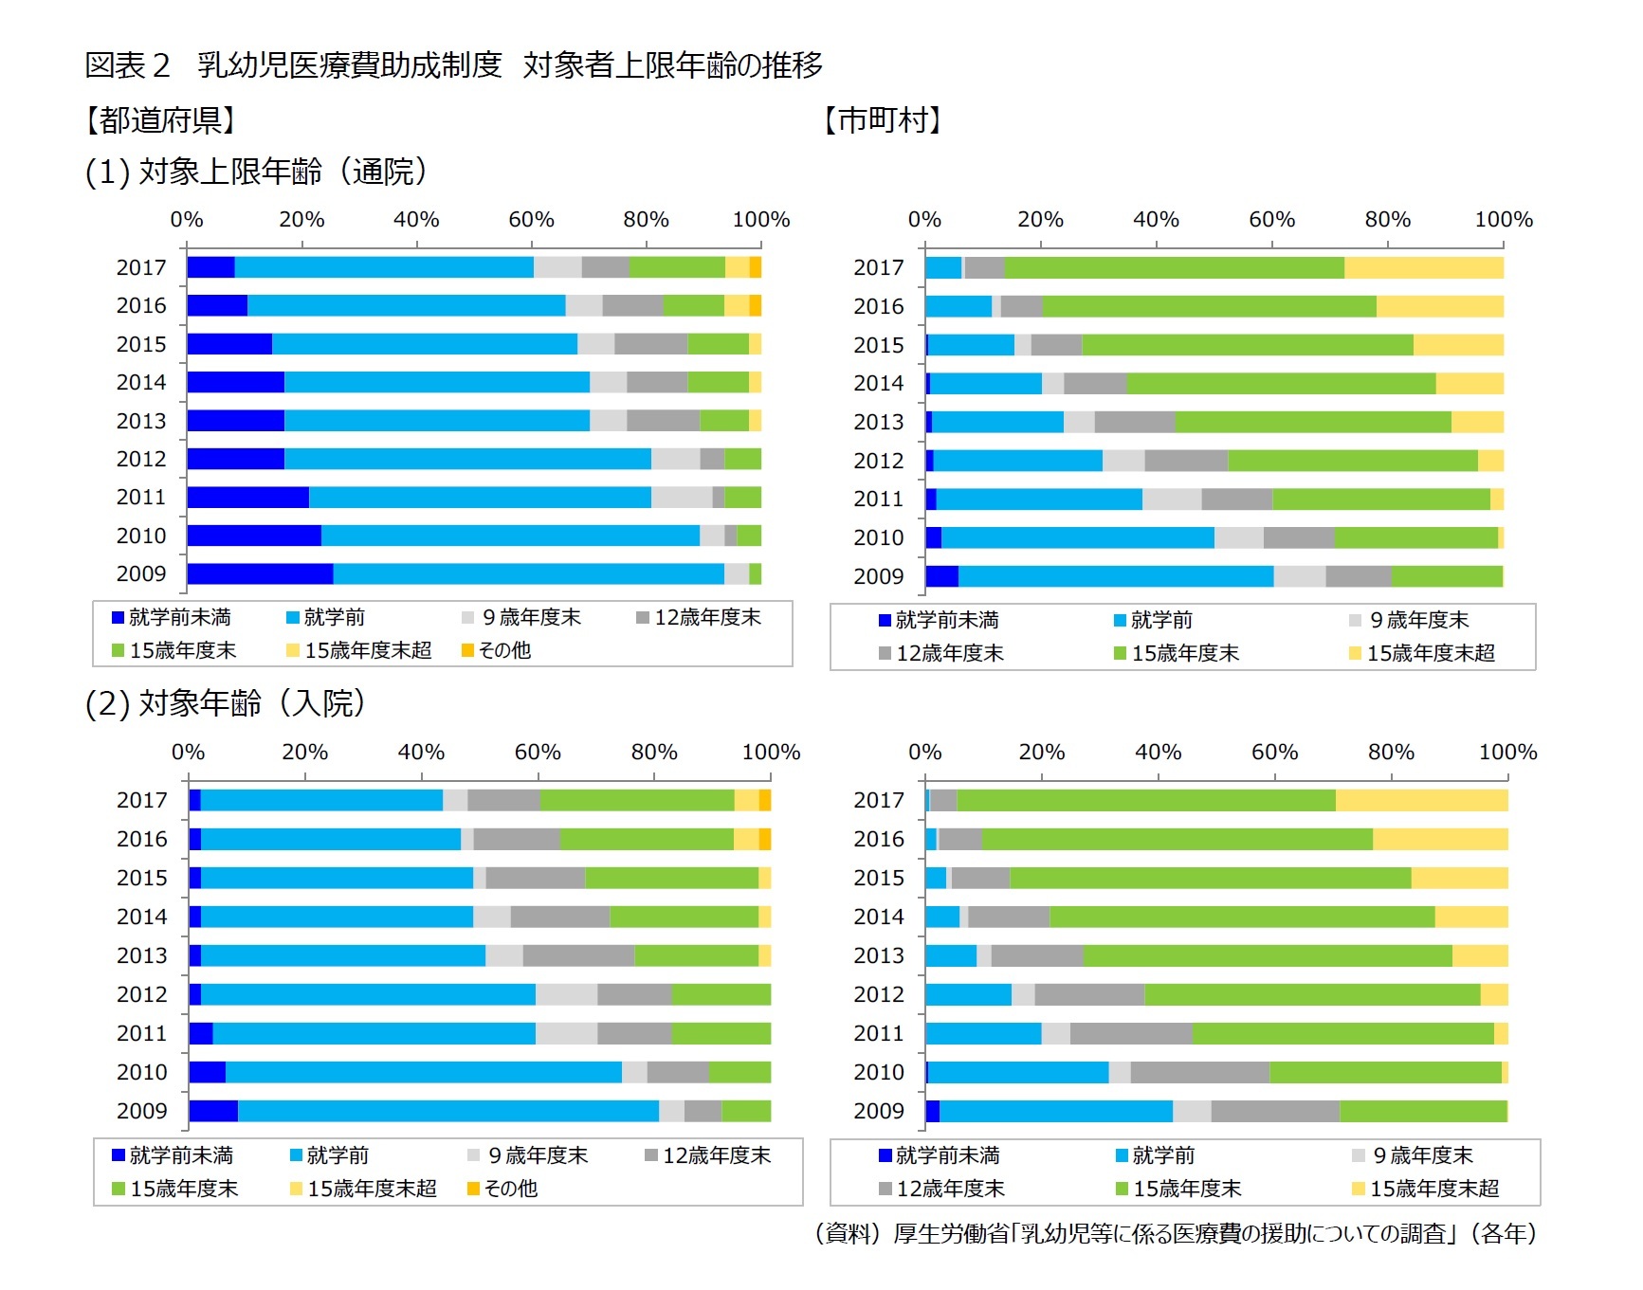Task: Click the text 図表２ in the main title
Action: pos(128,65)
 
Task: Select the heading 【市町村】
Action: pos(883,120)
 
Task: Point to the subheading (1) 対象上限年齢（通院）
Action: pos(256,172)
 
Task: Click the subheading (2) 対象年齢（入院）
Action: pos(225,703)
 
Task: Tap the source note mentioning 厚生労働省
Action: pos(1175,1233)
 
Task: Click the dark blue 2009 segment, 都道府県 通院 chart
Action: pos(260,574)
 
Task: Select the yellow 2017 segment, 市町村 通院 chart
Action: pos(1423,268)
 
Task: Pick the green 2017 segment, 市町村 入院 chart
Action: pos(1145,801)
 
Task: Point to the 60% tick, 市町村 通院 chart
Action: pos(1271,220)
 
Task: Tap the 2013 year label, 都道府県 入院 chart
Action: pos(141,955)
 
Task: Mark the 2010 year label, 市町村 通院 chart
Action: pos(879,538)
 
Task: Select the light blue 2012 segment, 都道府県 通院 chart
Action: pos(467,460)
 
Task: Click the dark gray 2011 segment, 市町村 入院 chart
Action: pos(1131,1034)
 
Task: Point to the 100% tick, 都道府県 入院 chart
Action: pos(771,753)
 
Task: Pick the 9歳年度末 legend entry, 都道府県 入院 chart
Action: pos(528,1156)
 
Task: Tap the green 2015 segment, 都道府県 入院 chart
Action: pos(671,879)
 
